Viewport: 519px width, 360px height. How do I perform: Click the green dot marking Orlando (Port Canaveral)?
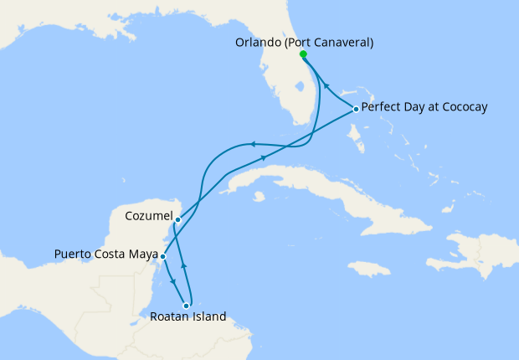(x=303, y=55)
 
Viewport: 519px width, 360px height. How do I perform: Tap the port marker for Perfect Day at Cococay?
(x=356, y=109)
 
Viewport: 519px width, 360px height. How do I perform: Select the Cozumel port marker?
(x=178, y=219)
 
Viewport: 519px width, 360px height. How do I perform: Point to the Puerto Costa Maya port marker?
(x=162, y=256)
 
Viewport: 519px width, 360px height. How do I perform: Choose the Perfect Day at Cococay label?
(x=424, y=108)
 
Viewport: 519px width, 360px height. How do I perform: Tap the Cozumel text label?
(x=148, y=216)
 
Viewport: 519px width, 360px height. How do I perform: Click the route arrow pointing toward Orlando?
(x=326, y=85)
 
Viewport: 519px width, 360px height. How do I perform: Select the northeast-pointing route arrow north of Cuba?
(x=265, y=157)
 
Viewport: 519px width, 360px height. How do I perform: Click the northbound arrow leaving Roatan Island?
(x=184, y=265)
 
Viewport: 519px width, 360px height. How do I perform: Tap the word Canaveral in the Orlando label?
(x=342, y=42)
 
